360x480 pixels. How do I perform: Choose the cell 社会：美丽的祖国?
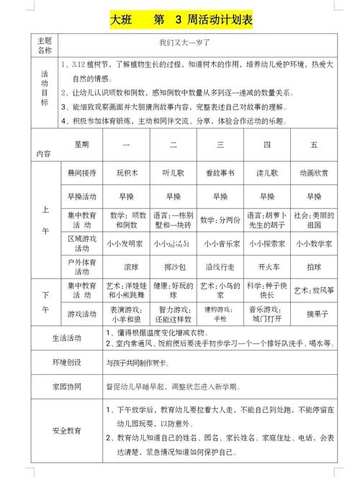click(314, 219)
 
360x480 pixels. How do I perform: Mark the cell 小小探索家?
click(266, 244)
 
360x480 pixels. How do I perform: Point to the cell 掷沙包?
click(174, 266)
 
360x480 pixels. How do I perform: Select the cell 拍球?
click(314, 266)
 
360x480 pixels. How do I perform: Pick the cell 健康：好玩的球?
click(174, 291)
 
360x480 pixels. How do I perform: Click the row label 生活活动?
click(66, 338)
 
